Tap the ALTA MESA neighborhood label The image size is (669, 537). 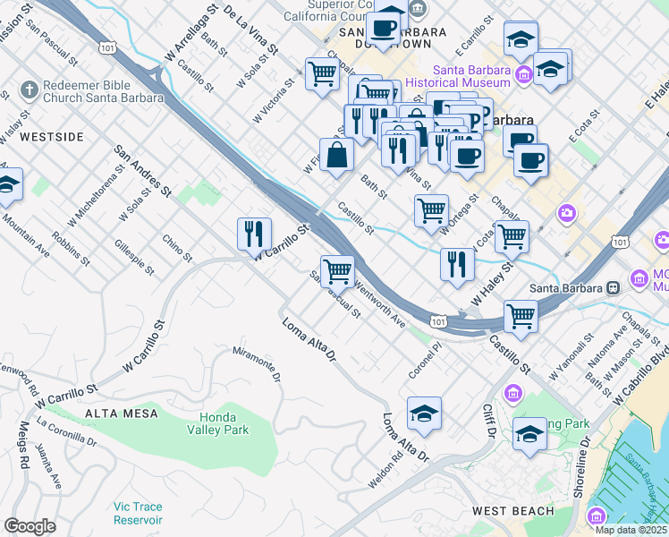tap(122, 413)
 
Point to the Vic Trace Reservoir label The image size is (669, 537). tap(138, 513)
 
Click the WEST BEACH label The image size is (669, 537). tap(513, 511)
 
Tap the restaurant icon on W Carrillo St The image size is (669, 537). tap(255, 234)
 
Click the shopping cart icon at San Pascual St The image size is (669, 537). tap(337, 270)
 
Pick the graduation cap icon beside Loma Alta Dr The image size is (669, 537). tap(425, 413)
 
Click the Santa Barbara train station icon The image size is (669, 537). tap(614, 287)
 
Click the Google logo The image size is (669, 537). tap(30, 525)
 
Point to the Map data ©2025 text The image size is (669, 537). tap(631, 530)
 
